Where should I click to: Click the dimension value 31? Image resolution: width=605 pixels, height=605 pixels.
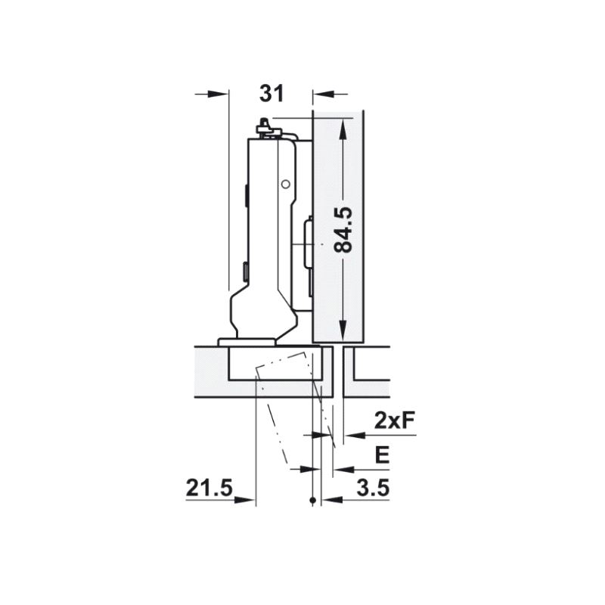pos(271,94)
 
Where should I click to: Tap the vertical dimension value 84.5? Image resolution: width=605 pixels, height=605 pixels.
pos(343,230)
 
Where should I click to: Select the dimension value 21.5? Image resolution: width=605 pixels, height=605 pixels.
pos(209,488)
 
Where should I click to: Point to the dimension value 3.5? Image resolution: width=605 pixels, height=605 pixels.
pos(373,488)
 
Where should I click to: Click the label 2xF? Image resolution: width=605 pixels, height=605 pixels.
pos(394,421)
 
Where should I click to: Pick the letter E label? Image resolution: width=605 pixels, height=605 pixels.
pos(382,455)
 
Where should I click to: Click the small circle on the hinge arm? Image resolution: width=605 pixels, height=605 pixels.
pos(286,185)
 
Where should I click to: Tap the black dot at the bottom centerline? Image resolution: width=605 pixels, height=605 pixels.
pos(313,501)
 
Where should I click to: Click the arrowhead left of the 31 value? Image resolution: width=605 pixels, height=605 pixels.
pos(218,94)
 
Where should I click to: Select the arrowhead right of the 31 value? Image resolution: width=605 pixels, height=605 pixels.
pos(323,94)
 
